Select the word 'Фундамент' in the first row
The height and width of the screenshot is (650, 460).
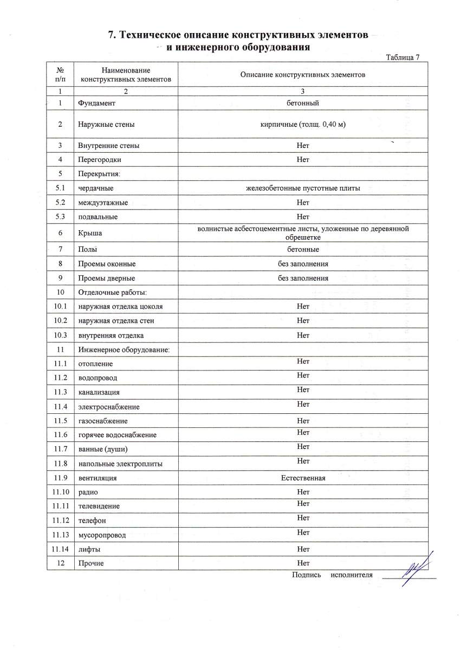point(96,103)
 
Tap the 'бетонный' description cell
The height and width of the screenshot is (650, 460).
point(303,103)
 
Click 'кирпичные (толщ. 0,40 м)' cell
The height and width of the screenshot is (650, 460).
point(303,124)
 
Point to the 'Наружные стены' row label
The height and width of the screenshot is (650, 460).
point(106,125)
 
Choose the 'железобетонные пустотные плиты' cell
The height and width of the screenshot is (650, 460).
point(303,188)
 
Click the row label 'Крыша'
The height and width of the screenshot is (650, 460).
point(90,233)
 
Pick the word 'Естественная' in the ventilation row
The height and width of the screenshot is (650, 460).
point(303,478)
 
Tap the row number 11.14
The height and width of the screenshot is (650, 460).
point(61,549)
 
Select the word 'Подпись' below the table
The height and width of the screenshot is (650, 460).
point(307,575)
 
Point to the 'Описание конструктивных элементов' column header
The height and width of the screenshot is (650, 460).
point(303,75)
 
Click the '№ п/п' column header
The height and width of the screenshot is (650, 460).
point(61,75)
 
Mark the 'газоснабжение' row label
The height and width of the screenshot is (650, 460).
point(103,421)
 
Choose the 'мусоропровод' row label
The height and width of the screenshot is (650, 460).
point(102,535)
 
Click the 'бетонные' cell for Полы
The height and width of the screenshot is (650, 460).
point(303,250)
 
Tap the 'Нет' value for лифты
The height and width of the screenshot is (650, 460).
point(303,549)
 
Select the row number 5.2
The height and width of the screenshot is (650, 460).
point(61,203)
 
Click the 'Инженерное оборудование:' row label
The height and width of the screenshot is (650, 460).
point(124,350)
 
